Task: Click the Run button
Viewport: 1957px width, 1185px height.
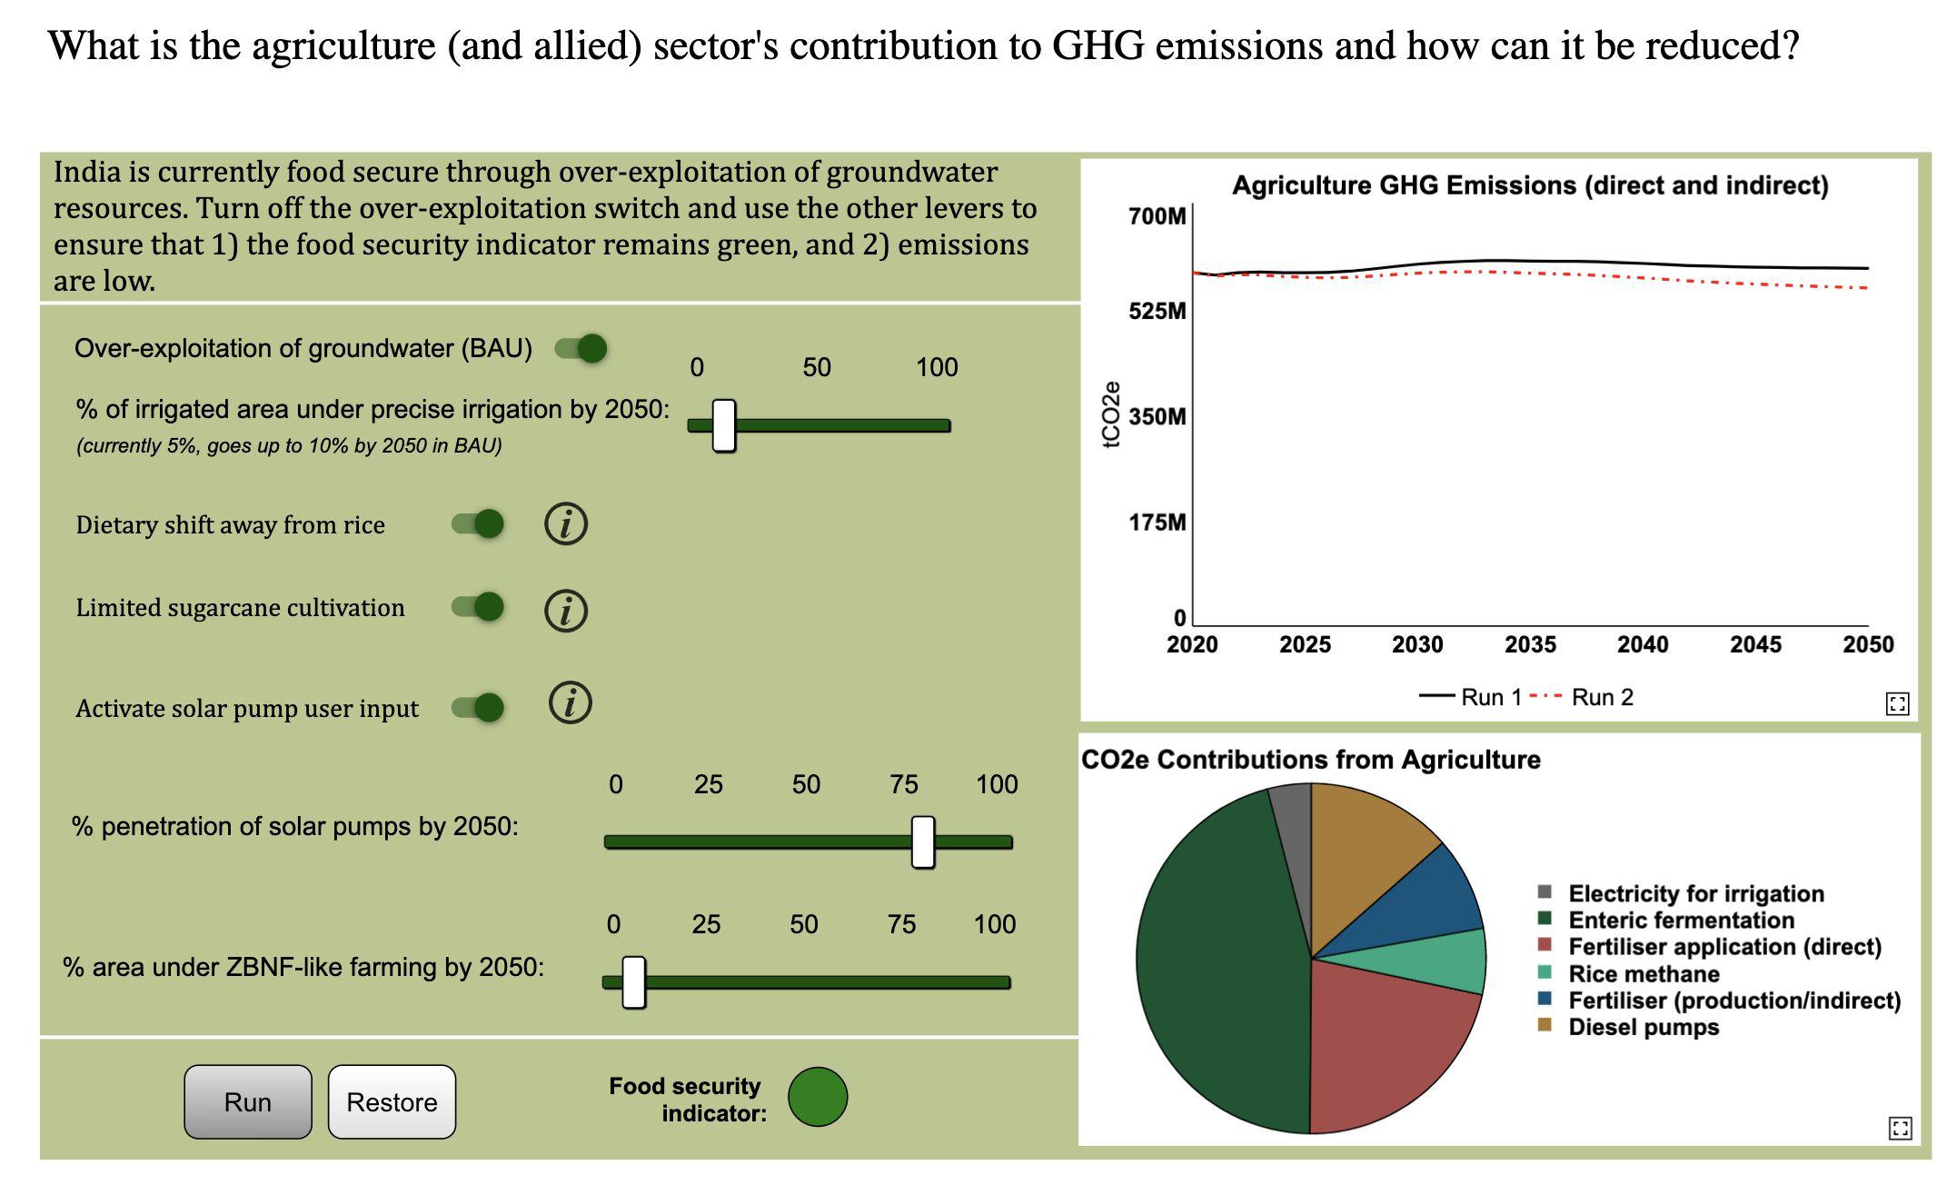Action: pyautogui.click(x=247, y=1101)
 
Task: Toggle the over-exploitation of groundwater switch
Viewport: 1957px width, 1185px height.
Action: pyautogui.click(x=581, y=348)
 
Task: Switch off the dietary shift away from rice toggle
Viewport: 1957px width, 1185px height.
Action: pyautogui.click(x=479, y=523)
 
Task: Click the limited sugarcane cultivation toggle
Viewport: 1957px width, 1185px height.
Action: pyautogui.click(x=479, y=606)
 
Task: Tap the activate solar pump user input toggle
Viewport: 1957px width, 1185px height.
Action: pyautogui.click(x=479, y=707)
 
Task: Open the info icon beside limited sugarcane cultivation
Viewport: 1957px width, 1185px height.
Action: pyautogui.click(x=566, y=610)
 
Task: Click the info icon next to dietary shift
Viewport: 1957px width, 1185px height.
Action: pyautogui.click(x=566, y=524)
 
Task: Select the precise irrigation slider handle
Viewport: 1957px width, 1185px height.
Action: pyautogui.click(x=724, y=425)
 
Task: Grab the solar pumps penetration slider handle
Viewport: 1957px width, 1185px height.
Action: pyautogui.click(x=923, y=841)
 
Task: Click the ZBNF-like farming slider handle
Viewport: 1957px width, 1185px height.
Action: pyautogui.click(x=634, y=982)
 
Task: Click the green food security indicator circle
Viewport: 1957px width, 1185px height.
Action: pyautogui.click(x=818, y=1097)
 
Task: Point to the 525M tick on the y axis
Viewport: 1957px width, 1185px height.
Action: pyautogui.click(x=1157, y=311)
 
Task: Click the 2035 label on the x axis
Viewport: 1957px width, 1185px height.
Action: pyautogui.click(x=1530, y=644)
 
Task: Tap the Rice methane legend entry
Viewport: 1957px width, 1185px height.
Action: pyautogui.click(x=1643, y=974)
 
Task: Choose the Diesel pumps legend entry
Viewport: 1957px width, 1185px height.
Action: pyautogui.click(x=1643, y=1027)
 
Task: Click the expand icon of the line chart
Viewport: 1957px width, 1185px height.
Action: pyautogui.click(x=1898, y=703)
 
